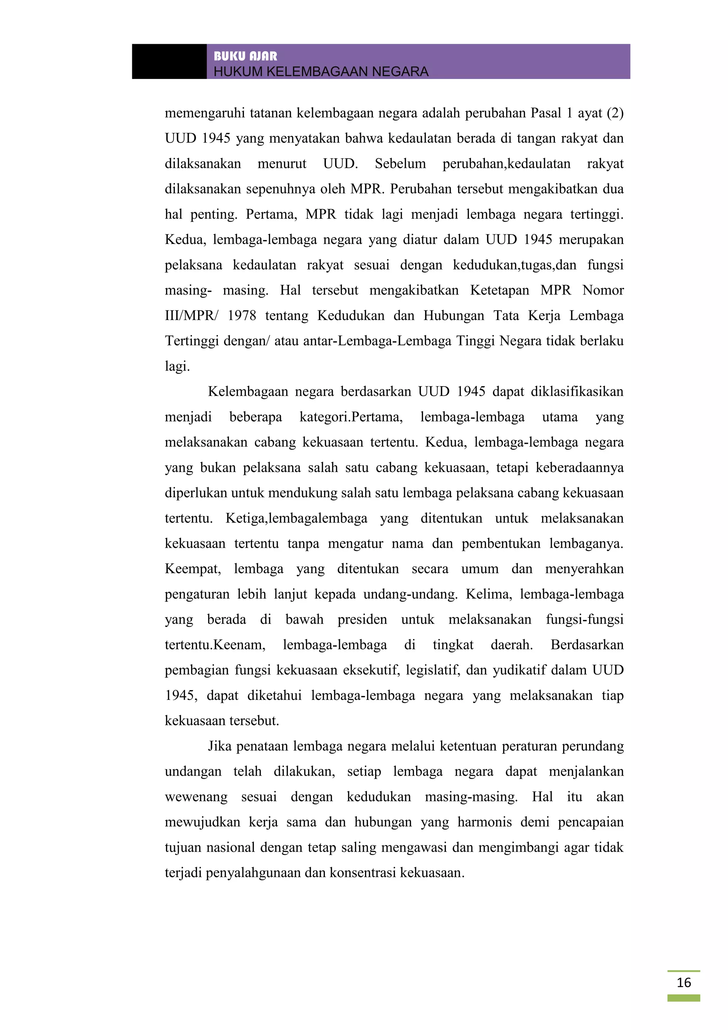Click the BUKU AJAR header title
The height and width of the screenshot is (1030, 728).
pos(245,56)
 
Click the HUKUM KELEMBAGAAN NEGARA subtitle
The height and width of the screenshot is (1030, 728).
pos(321,71)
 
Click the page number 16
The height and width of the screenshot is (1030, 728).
pos(684,982)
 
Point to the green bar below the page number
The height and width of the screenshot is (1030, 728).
pos(683,998)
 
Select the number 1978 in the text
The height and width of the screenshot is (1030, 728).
pos(242,316)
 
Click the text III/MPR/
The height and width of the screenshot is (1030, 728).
pos(191,316)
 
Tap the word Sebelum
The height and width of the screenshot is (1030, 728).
pos(400,164)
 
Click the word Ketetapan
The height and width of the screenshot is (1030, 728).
pos(499,291)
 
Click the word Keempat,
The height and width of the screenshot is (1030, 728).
pos(193,569)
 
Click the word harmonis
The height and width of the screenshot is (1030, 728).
pos(484,822)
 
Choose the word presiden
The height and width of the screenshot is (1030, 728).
pos(362,620)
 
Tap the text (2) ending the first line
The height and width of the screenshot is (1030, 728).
pos(615,113)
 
